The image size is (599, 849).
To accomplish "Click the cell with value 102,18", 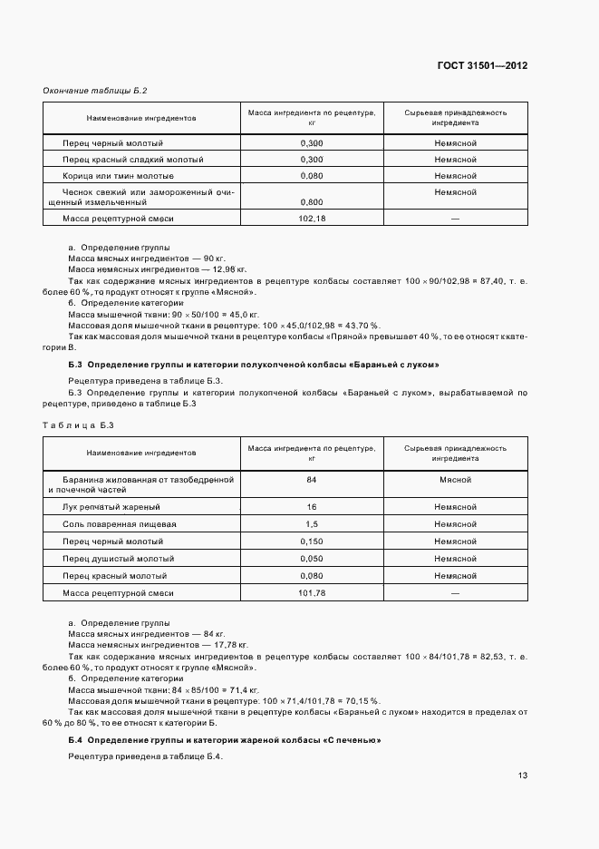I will [311, 219].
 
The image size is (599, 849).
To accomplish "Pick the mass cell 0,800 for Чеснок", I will [311, 202].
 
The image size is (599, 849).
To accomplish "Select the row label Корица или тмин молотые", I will [118, 175].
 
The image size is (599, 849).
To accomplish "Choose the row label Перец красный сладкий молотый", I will [133, 160].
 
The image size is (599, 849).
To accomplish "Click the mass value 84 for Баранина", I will [311, 478].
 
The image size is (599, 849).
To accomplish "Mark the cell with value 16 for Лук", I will [311, 507].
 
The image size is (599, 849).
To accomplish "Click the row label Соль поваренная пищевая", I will [120, 524].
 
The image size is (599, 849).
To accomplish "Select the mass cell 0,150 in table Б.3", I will [311, 542].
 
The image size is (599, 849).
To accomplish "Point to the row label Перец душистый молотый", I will [119, 559].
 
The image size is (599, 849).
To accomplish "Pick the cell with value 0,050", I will [311, 559].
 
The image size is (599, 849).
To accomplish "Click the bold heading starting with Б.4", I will [225, 741].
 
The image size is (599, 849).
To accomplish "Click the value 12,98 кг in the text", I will [227, 269].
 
